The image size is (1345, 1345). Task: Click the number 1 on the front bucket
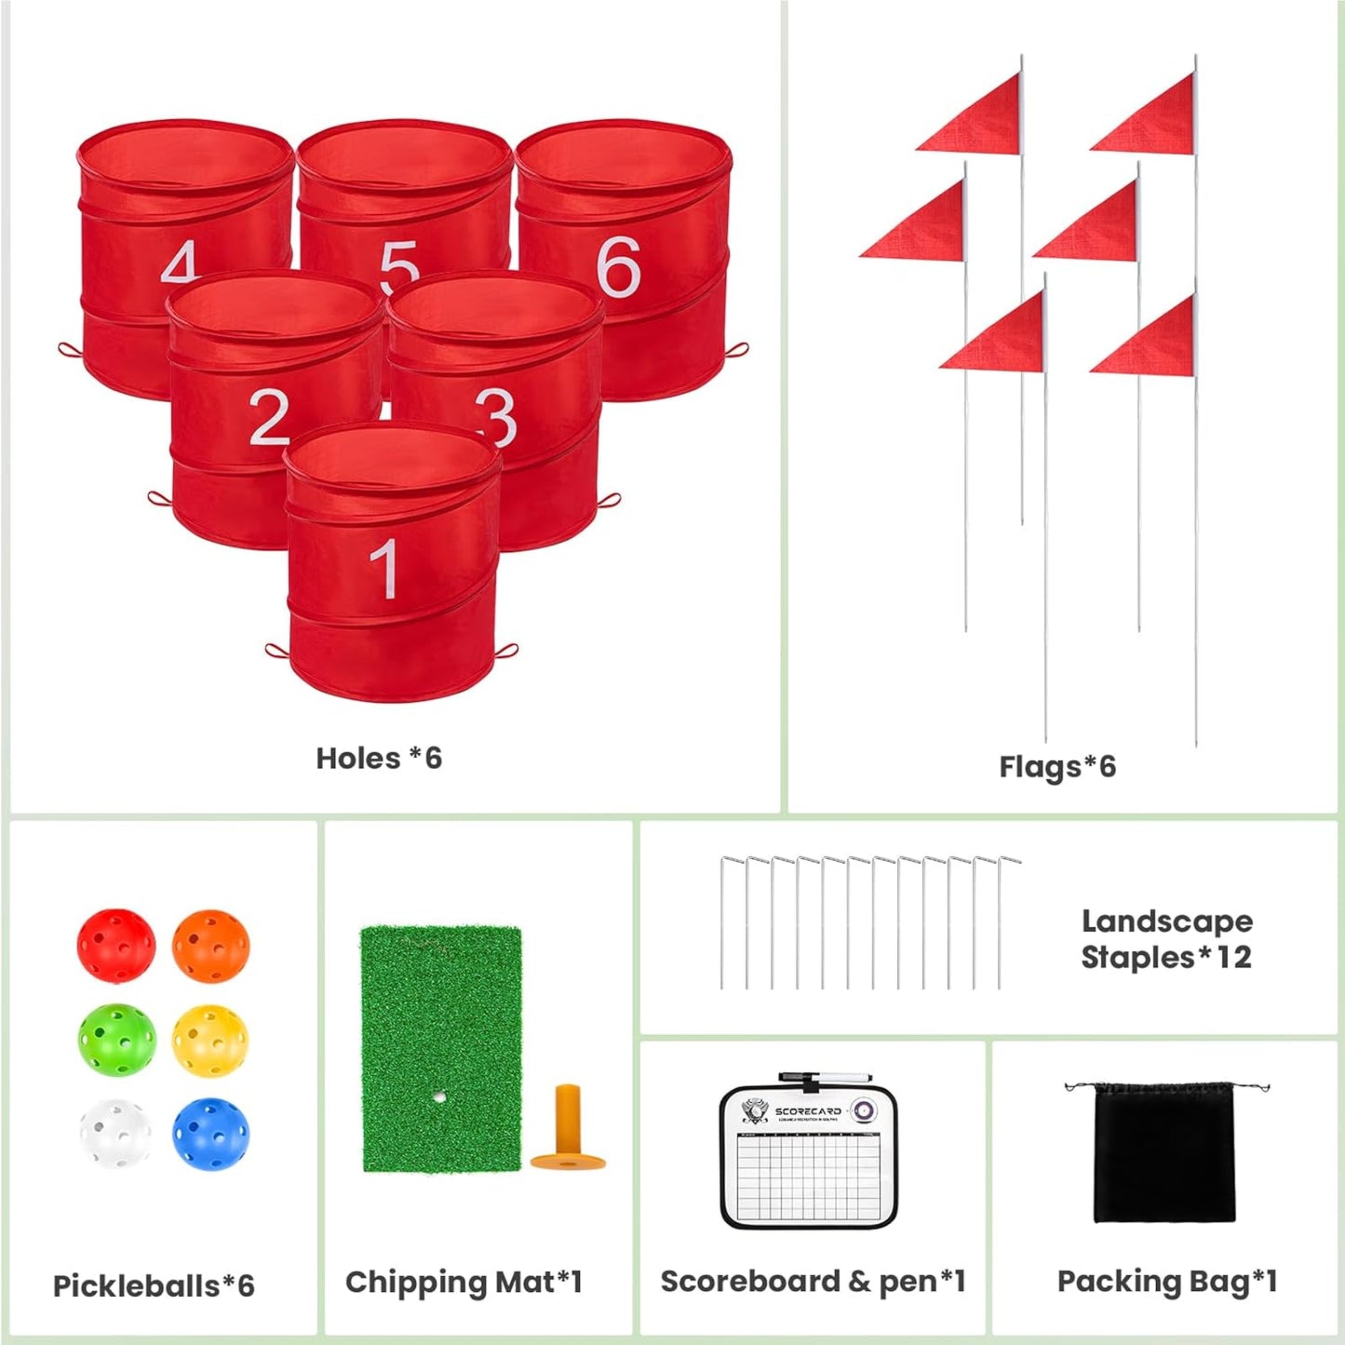(383, 569)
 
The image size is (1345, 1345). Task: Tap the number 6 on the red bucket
(619, 267)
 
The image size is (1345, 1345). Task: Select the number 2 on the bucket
(269, 417)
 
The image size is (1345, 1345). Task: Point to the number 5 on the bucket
(399, 264)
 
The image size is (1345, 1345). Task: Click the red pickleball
(115, 946)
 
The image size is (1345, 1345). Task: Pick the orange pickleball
(210, 946)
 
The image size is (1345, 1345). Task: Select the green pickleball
(116, 1040)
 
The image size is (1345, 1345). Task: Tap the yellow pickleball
(210, 1040)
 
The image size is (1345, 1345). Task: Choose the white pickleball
(115, 1133)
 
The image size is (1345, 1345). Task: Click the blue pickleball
(210, 1133)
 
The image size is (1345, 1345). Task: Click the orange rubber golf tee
(568, 1129)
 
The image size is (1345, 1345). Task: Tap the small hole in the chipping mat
(438, 1097)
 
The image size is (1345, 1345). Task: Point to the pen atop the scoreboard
(825, 1078)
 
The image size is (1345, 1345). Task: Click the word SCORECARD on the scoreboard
(807, 1111)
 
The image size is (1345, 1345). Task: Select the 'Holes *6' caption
(379, 759)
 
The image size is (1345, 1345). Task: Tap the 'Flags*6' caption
(1057, 767)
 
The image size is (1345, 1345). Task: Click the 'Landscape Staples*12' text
(1166, 939)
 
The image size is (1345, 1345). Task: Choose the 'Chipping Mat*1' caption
(464, 1283)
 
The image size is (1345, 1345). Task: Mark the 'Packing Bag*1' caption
(1167, 1282)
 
